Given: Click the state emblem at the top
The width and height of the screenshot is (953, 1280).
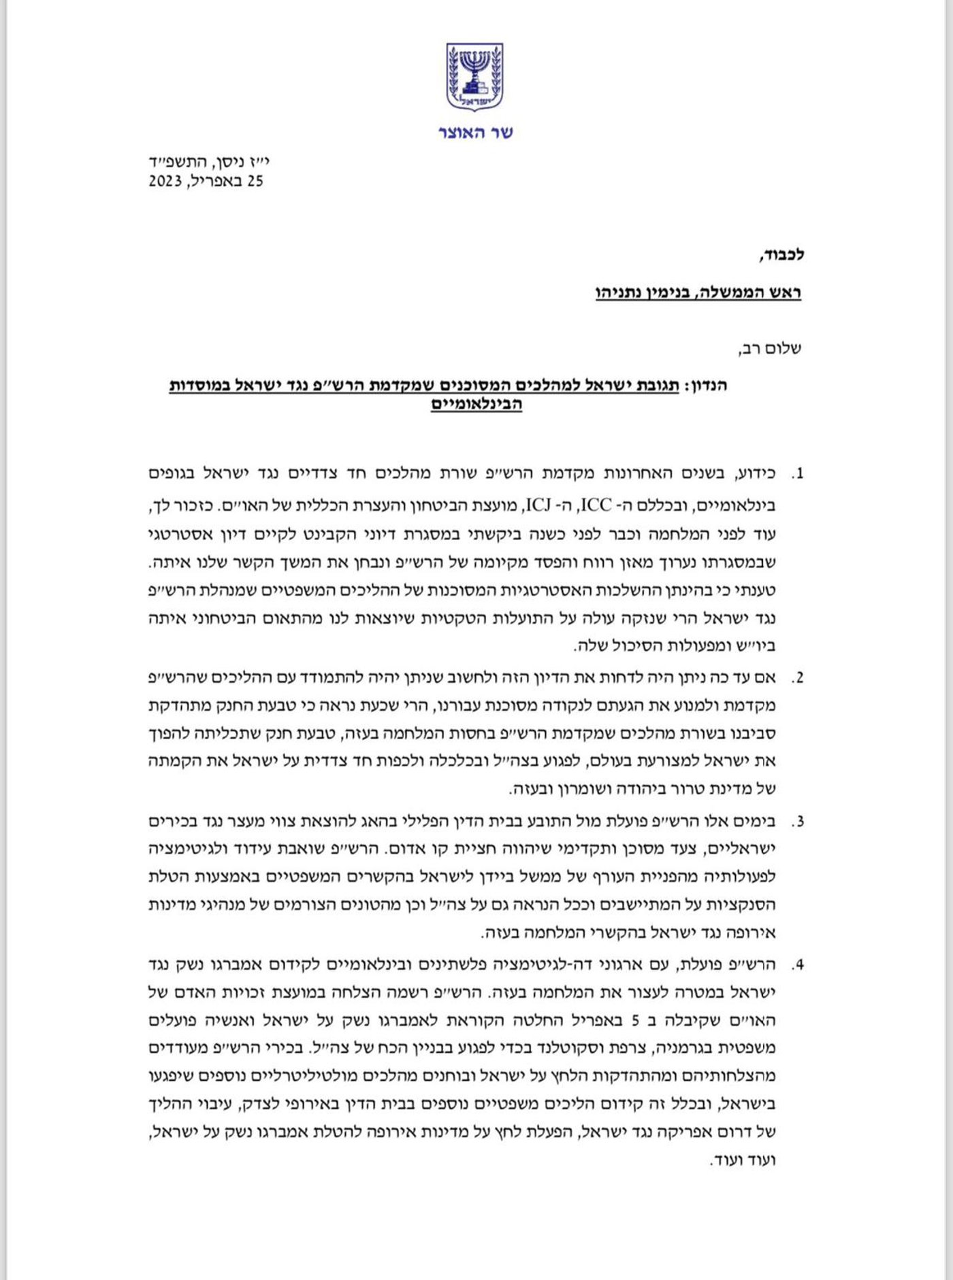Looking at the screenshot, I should pos(475,77).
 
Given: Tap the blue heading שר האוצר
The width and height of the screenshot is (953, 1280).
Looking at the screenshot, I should pos(475,133).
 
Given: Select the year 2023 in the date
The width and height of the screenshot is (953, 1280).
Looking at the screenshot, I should pos(165,182).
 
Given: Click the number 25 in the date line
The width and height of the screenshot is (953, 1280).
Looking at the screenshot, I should pos(255,182).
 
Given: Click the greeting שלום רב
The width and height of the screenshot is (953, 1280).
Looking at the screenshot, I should pos(770,350).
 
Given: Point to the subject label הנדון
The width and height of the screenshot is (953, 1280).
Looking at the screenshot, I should pos(705,386).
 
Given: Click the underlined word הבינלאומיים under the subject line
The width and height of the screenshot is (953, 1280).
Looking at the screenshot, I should pos(476,404).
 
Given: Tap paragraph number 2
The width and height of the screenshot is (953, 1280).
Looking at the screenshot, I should pos(798,678).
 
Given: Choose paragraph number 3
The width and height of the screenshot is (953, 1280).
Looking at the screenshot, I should pos(798,822).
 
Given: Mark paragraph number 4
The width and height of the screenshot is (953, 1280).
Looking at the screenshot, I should pos(798,965).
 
